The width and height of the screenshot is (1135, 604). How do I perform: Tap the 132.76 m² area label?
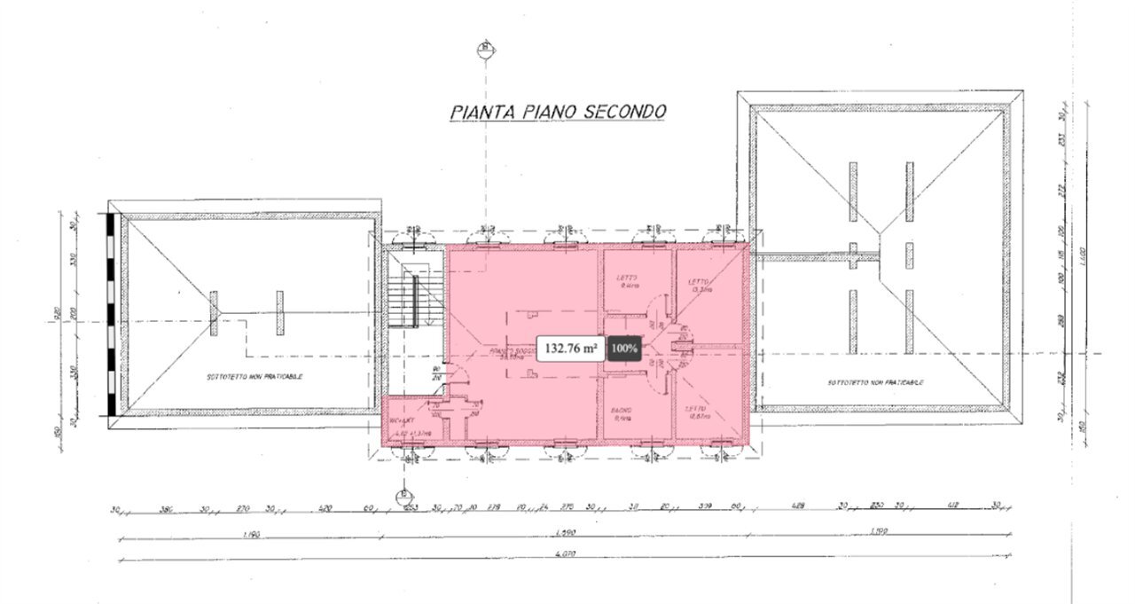[x=571, y=349]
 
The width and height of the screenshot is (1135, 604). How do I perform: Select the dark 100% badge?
[x=623, y=349]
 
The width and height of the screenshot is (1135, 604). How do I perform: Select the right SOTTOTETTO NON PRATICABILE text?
[x=876, y=383]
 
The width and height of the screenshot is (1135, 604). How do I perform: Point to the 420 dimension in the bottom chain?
[x=325, y=508]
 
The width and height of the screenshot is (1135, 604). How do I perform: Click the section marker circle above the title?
[x=484, y=48]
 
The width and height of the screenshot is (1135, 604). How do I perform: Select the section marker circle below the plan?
[x=403, y=493]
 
